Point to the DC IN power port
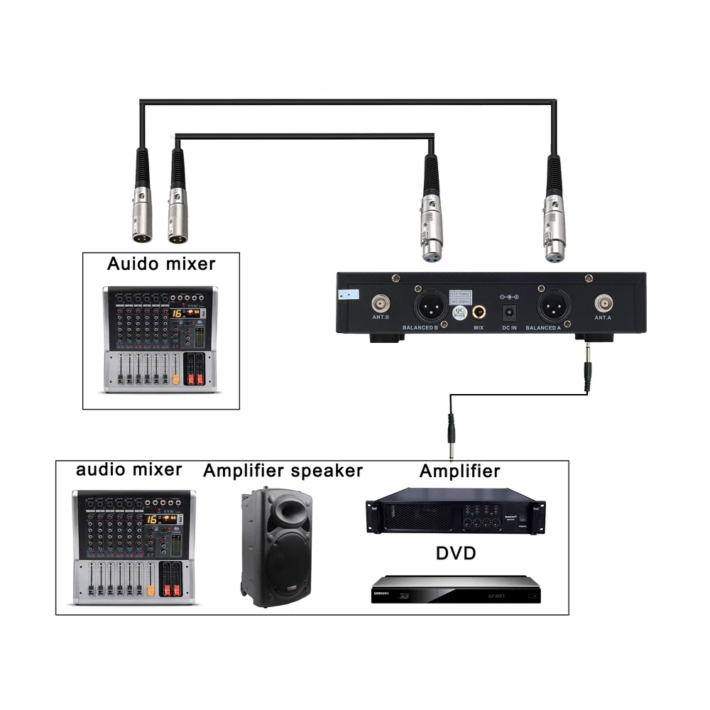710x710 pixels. (x=509, y=311)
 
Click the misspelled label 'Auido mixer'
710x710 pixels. (x=160, y=265)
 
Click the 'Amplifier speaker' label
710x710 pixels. (x=283, y=471)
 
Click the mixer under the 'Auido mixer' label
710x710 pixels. (x=160, y=339)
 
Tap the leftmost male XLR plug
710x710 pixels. (x=142, y=206)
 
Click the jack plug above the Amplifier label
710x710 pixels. (x=449, y=431)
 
